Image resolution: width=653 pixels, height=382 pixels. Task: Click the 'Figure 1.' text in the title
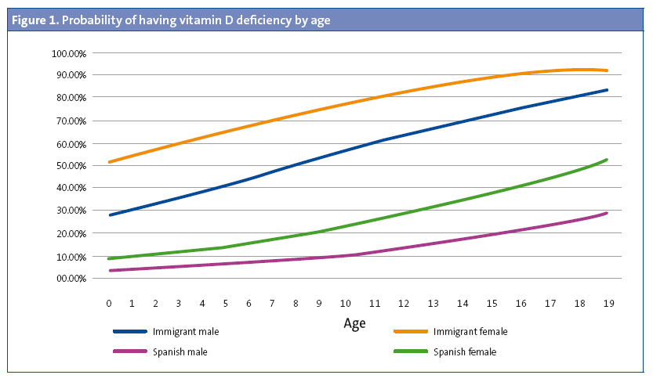34,20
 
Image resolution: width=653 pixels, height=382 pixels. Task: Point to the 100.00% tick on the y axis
70,53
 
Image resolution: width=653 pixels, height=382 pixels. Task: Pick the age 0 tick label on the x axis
109,302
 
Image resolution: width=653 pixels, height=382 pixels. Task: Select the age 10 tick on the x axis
344,302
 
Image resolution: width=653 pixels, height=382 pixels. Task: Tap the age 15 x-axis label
492,302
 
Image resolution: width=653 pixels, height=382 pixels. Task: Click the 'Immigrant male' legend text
186,332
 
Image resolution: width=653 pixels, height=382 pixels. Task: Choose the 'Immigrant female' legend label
470,332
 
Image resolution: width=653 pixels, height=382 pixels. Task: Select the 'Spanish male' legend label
180,352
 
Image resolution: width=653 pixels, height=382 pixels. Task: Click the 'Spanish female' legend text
465,352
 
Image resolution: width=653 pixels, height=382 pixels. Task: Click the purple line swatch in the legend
129,352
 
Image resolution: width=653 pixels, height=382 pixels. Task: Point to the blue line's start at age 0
110,214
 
